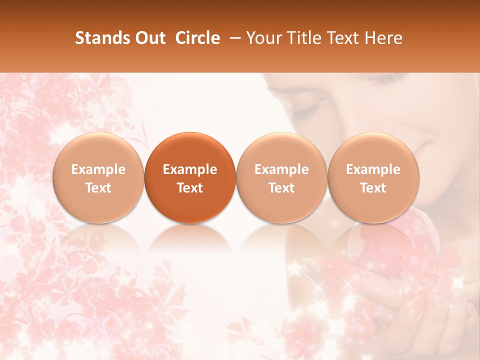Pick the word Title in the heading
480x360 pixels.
click(x=301, y=38)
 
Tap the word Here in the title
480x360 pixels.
click(x=383, y=38)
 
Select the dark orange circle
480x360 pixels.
click(x=190, y=177)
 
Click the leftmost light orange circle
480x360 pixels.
click(x=98, y=177)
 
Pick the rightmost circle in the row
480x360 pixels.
click(x=373, y=177)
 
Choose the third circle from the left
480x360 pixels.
click(x=281, y=177)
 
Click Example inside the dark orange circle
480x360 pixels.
click(x=190, y=169)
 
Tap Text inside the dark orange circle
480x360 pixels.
click(x=190, y=188)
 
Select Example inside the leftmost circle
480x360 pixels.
click(x=98, y=169)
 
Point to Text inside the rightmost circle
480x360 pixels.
click(x=373, y=188)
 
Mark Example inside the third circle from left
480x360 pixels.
click(x=281, y=169)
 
